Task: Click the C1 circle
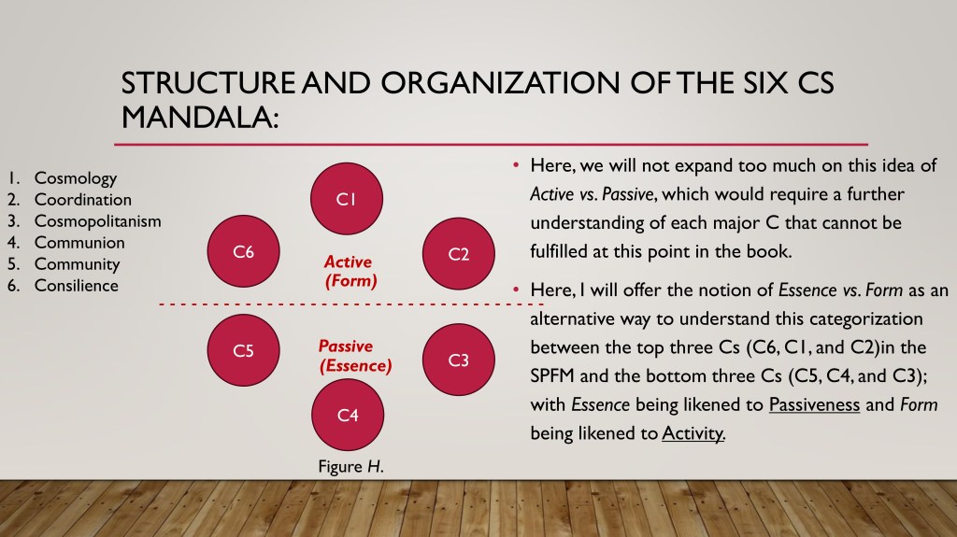coord(347,198)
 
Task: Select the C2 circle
coord(458,253)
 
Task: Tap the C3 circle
coord(458,360)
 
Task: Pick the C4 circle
coord(348,415)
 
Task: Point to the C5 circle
coord(244,350)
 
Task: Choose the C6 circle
coord(244,251)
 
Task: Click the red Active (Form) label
coord(350,271)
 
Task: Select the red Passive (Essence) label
coord(354,356)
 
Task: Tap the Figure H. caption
coord(350,467)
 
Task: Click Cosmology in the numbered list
coord(75,178)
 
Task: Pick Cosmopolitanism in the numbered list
coord(97,221)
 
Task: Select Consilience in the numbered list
coord(77,286)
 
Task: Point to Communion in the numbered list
coord(79,242)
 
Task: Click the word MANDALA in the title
coord(200,117)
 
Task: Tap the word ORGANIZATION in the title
coord(501,83)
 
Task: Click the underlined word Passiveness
coord(814,404)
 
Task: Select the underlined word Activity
coord(693,433)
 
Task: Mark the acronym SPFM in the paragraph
coord(552,375)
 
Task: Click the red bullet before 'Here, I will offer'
coord(516,290)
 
